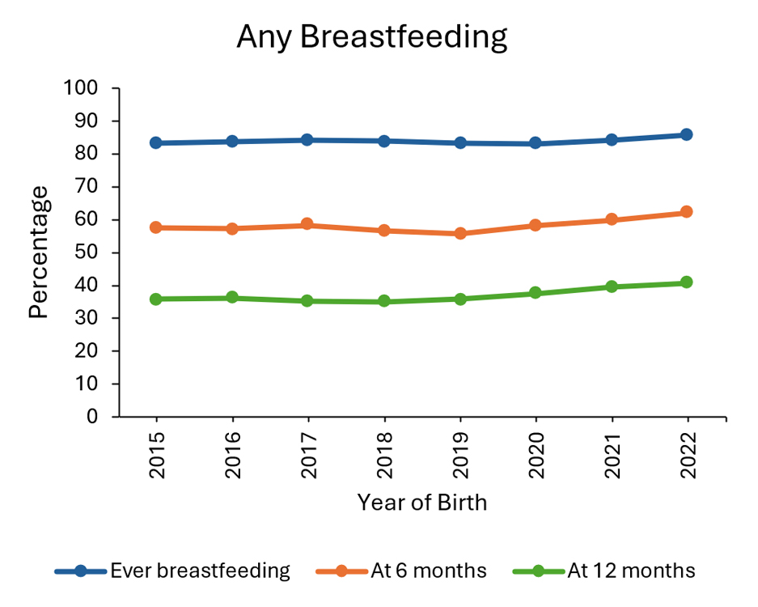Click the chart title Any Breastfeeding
click(x=371, y=37)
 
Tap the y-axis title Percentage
click(x=39, y=252)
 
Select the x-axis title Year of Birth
click(x=422, y=503)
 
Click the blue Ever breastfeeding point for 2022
click(x=687, y=135)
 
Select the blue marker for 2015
click(x=156, y=143)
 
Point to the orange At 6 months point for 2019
click(x=460, y=233)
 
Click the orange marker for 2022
click(x=687, y=212)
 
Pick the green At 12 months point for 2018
click(x=384, y=302)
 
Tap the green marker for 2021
click(x=612, y=287)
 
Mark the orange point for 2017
click(x=308, y=224)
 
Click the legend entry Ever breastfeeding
click(x=200, y=571)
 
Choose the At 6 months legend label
click(x=429, y=571)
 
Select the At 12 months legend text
click(x=631, y=571)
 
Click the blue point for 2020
click(x=536, y=143)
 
